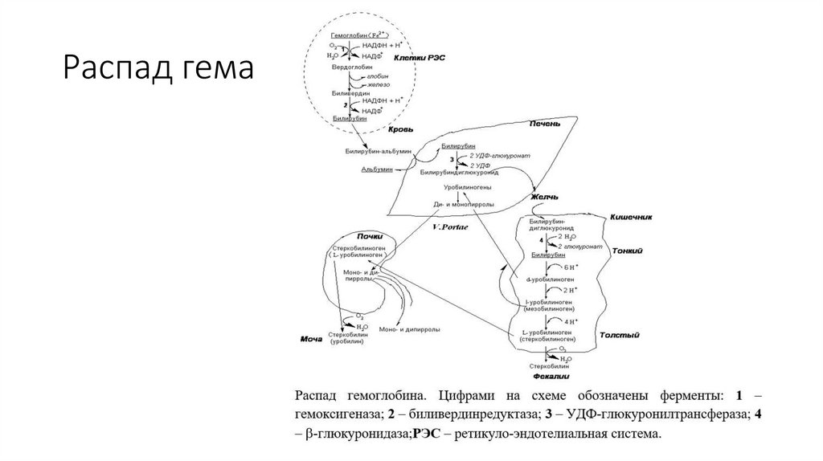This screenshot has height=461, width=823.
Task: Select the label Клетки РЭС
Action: (418, 58)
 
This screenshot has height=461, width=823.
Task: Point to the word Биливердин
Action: (348, 93)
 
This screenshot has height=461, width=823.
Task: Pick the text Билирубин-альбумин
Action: (378, 151)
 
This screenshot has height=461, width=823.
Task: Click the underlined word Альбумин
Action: (377, 169)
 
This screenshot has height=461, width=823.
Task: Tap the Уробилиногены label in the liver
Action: (457, 186)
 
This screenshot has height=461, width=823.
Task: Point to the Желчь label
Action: (543, 196)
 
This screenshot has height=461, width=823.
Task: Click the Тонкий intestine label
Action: (627, 251)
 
